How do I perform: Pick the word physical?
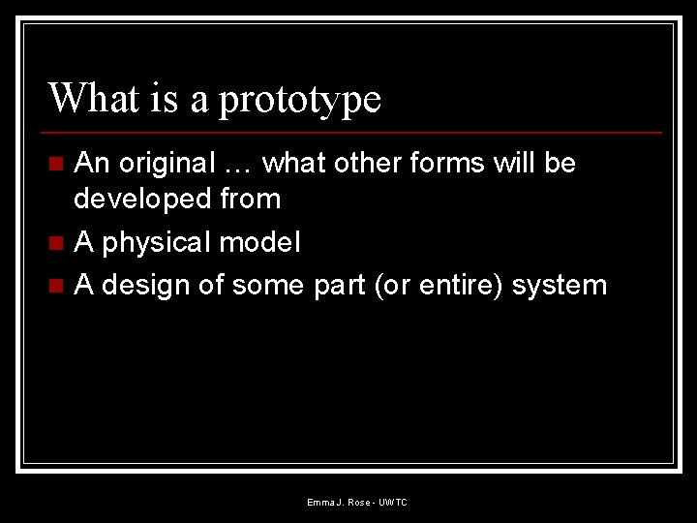155,243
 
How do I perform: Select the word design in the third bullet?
146,286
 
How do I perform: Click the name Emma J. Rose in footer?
338,503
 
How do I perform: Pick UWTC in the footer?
393,503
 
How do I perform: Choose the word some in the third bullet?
269,286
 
